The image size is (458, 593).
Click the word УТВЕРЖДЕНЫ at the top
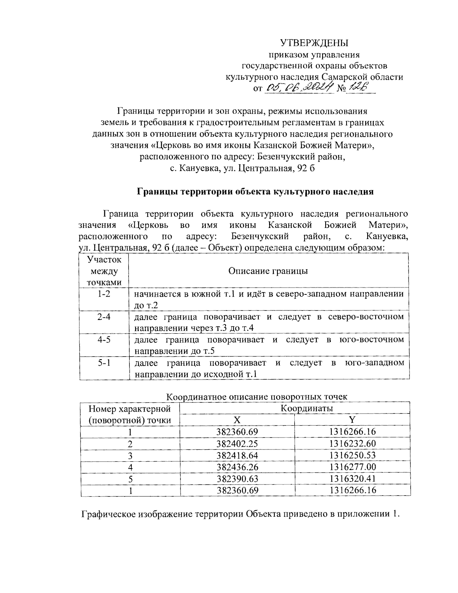pyautogui.click(x=314, y=42)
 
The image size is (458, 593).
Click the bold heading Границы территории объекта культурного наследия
pyautogui.click(x=255, y=192)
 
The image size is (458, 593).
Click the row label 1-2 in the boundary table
pyautogui.click(x=104, y=294)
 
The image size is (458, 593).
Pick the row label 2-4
pyautogui.click(x=104, y=317)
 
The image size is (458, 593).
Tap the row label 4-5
pyautogui.click(x=104, y=339)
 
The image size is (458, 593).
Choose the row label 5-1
pyautogui.click(x=104, y=362)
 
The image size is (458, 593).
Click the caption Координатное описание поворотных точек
pyautogui.click(x=257, y=396)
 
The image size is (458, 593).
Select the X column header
pyautogui.click(x=237, y=420)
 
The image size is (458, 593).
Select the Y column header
pyautogui.click(x=352, y=420)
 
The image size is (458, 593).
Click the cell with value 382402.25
pyautogui.click(x=237, y=443)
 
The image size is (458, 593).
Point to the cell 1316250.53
pyautogui.click(x=352, y=455)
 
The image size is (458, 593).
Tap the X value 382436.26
pyautogui.click(x=237, y=467)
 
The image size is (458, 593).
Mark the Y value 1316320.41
pyautogui.click(x=352, y=478)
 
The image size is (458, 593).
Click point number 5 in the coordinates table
pyautogui.click(x=130, y=478)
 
